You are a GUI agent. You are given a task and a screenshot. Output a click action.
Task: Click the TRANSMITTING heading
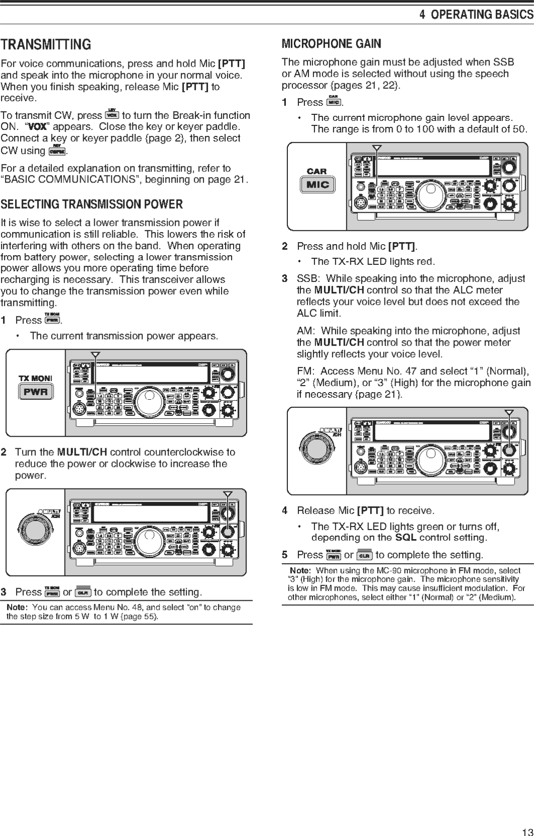46,45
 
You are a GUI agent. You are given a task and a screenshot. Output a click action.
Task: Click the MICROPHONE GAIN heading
331,44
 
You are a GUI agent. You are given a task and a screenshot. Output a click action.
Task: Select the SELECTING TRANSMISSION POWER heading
92,204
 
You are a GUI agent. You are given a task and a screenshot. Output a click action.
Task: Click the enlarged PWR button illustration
36,392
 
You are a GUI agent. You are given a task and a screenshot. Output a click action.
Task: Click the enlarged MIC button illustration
317,185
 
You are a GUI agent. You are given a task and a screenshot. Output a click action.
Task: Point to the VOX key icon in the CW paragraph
112,115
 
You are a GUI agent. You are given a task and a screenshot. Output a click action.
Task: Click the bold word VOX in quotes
38,127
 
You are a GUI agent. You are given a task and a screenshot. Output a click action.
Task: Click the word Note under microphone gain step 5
300,571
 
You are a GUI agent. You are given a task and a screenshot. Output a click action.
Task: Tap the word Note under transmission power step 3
17,607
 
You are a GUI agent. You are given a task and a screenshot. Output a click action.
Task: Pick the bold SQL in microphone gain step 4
405,538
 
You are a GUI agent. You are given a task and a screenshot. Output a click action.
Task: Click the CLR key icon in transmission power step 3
83,592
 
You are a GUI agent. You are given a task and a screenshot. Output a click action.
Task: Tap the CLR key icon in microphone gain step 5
364,555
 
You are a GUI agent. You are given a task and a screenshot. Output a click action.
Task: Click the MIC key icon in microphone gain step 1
333,102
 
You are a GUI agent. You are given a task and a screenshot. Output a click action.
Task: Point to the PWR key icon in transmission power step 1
52,320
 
